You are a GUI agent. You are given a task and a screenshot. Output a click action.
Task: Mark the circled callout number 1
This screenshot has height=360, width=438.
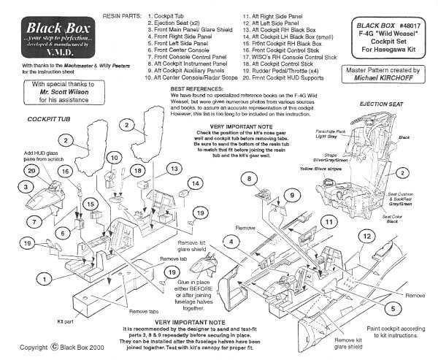45,277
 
